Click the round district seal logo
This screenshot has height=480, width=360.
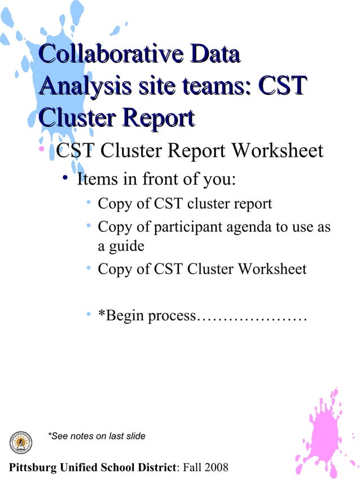pyautogui.click(x=21, y=442)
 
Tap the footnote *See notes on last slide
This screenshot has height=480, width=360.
pyautogui.click(x=96, y=435)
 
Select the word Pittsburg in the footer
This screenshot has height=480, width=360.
pyautogui.click(x=28, y=467)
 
